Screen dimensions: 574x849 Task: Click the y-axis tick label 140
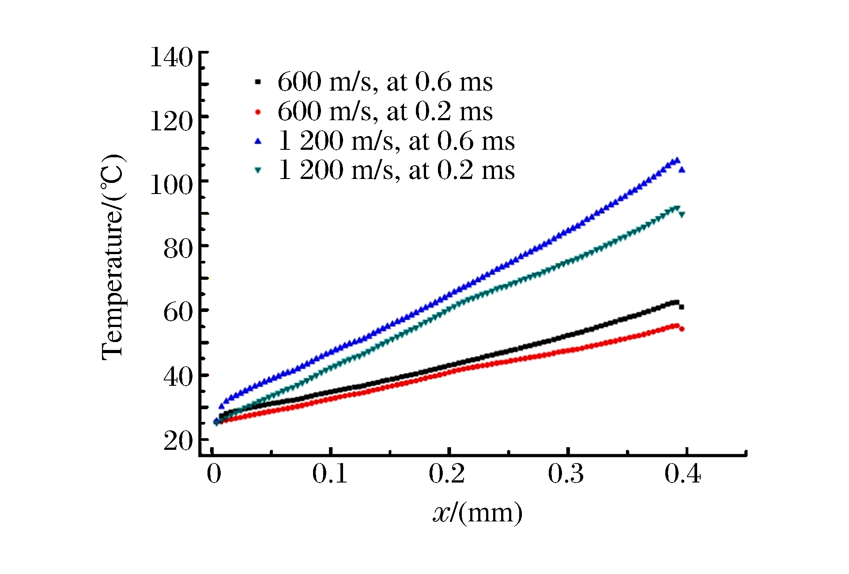coord(171,57)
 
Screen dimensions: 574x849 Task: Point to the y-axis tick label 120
coord(171,121)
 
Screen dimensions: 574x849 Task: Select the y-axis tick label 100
coord(171,185)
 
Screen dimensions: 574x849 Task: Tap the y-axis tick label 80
coord(178,249)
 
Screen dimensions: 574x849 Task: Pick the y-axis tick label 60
coord(178,312)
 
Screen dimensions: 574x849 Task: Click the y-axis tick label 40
coord(178,377)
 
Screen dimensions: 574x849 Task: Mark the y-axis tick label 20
coord(178,441)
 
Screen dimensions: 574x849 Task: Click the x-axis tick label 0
coord(214,474)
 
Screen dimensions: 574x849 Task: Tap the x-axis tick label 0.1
coord(330,474)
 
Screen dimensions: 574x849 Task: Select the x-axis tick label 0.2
coord(447,474)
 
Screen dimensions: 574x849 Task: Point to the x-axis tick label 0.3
coord(566,474)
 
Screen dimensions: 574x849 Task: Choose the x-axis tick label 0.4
coord(683,474)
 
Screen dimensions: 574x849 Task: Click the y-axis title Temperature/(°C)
coord(113,257)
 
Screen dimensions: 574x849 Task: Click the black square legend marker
coord(258,82)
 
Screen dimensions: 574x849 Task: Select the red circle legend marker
coord(258,112)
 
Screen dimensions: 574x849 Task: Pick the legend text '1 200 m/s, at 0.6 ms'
coord(396,141)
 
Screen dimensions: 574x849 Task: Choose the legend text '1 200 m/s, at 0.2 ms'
coord(396,170)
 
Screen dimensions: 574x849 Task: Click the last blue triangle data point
coord(682,170)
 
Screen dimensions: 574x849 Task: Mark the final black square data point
coord(682,307)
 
